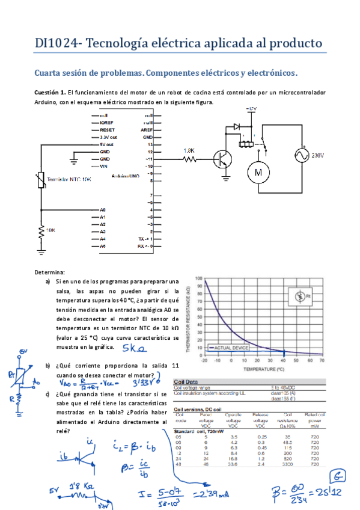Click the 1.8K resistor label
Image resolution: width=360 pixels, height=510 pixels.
tap(189, 150)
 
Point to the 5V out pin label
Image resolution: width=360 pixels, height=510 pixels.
tap(106, 145)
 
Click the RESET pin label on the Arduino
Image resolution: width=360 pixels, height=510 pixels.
tap(107, 129)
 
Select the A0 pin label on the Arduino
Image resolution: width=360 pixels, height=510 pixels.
tap(103, 210)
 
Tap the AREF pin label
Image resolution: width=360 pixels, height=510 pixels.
tap(146, 129)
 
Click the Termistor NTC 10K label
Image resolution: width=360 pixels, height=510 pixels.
tap(69, 179)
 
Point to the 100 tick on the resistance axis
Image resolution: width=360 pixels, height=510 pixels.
tap(200, 280)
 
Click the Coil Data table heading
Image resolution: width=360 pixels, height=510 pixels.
tap(187, 381)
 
